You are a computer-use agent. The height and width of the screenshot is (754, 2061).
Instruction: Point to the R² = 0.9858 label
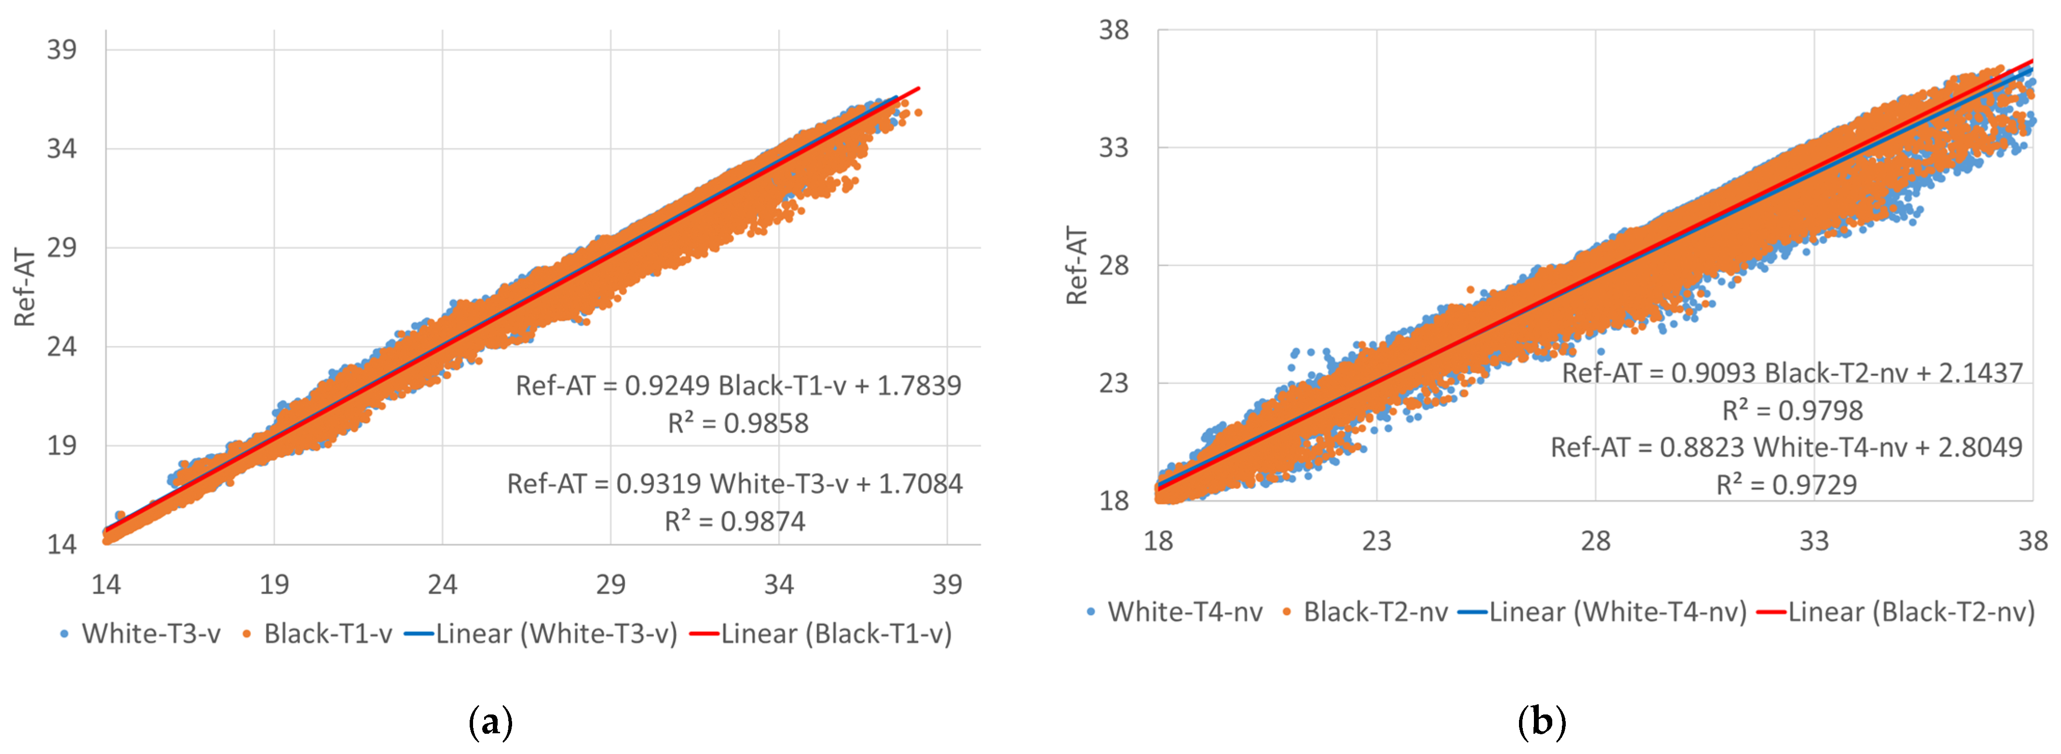[x=738, y=423]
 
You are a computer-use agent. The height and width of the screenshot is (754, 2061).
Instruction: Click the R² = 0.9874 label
[x=734, y=521]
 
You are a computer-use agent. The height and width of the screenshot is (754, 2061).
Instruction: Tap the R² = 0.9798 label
[x=1792, y=411]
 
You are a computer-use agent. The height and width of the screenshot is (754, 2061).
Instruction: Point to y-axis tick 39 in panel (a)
[x=62, y=50]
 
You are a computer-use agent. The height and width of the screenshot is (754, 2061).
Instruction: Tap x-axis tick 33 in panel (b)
[x=1814, y=541]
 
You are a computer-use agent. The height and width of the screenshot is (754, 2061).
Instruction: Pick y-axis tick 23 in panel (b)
[x=1113, y=383]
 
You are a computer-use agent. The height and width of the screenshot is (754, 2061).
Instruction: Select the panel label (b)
[x=1541, y=722]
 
